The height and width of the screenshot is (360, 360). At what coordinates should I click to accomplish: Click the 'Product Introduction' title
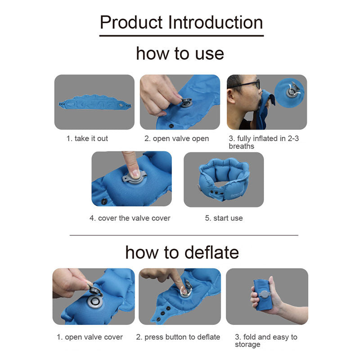(x=181, y=22)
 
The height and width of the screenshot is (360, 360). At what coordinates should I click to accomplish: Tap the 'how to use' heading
(x=180, y=54)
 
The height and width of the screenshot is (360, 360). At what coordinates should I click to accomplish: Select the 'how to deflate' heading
(x=182, y=252)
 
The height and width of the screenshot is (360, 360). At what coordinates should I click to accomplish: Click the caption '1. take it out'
(x=87, y=139)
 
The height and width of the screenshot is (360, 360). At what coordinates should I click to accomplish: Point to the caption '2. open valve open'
(x=176, y=139)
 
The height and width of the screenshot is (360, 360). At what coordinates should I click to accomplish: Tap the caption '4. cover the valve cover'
(x=130, y=218)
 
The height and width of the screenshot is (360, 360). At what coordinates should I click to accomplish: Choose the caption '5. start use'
(x=224, y=218)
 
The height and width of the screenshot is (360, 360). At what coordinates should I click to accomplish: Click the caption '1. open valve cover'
(x=90, y=337)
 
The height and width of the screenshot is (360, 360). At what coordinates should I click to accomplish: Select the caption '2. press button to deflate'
(x=178, y=337)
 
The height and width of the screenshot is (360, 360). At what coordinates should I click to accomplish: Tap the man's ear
(x=231, y=96)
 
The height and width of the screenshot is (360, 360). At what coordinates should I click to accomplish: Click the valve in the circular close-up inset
(x=292, y=92)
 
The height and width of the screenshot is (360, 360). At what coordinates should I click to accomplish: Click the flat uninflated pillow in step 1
(x=94, y=103)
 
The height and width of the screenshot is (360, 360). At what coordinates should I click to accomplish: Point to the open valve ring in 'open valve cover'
(x=94, y=302)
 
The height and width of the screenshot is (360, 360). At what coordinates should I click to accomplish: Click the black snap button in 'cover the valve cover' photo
(x=104, y=201)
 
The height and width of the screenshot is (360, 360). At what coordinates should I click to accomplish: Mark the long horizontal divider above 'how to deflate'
(x=184, y=235)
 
